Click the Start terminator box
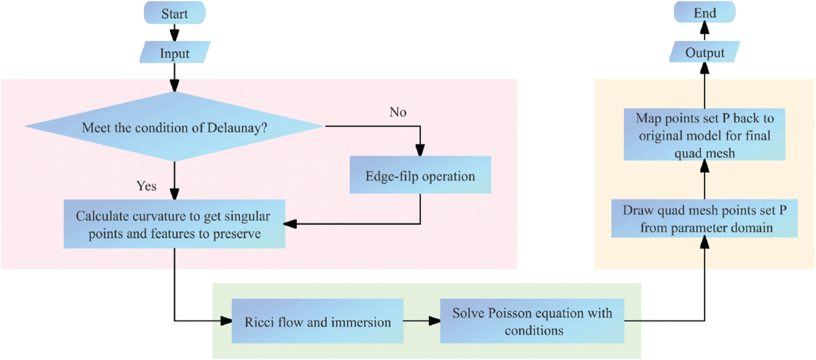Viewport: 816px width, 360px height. coord(174,13)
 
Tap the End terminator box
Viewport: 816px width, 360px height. coord(704,13)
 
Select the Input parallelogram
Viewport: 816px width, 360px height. coord(175,53)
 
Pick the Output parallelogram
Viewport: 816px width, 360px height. coord(704,53)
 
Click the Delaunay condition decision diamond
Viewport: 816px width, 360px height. coord(174,127)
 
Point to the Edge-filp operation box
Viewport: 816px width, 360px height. coord(420,175)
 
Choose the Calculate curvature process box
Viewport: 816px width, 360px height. coord(174,224)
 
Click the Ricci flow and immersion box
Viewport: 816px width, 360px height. coord(317,321)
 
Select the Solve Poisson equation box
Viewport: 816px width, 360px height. coord(532,321)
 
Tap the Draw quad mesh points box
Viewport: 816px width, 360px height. coord(704,219)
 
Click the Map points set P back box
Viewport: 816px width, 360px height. coord(704,135)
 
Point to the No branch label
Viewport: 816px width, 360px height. coord(398,112)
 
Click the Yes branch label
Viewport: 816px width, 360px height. coord(146,186)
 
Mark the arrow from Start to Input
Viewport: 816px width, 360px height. coord(174,33)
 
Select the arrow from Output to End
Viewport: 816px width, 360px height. coord(704,31)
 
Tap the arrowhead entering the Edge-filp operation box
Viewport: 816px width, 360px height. coord(420,150)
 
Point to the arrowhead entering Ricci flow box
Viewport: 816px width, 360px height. coord(226,320)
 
